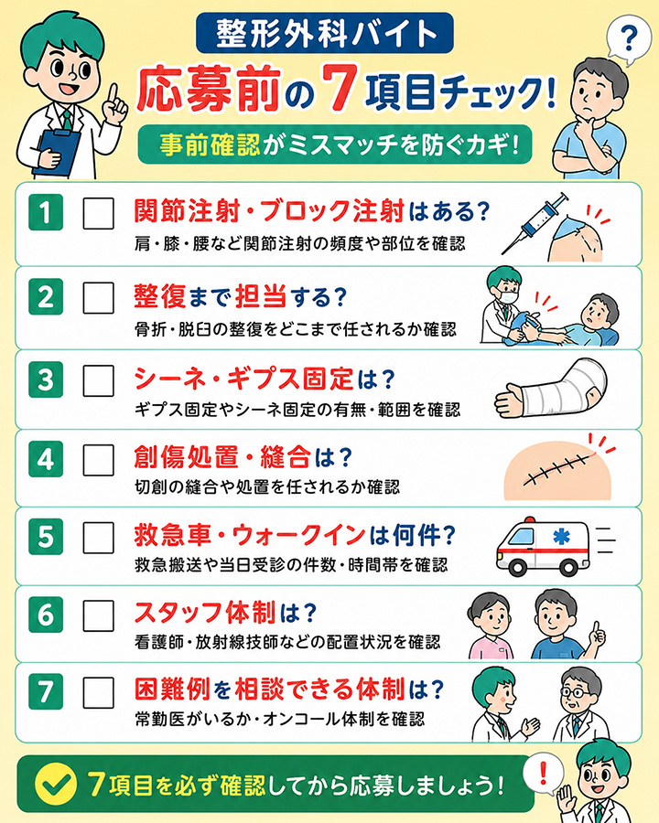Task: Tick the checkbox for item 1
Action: [x=98, y=213]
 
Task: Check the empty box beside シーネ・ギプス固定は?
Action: [x=98, y=380]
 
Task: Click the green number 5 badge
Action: [x=46, y=537]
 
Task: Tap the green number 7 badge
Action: [x=46, y=691]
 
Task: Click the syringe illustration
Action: [x=535, y=223]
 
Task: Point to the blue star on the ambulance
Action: [x=561, y=537]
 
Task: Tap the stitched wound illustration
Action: [x=557, y=470]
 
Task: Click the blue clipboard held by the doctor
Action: [x=56, y=152]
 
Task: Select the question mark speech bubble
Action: [x=629, y=40]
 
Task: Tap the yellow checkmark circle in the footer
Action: [x=56, y=785]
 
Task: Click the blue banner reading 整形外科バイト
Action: [x=325, y=33]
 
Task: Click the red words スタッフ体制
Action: [x=205, y=612]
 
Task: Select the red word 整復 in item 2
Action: [x=160, y=296]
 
